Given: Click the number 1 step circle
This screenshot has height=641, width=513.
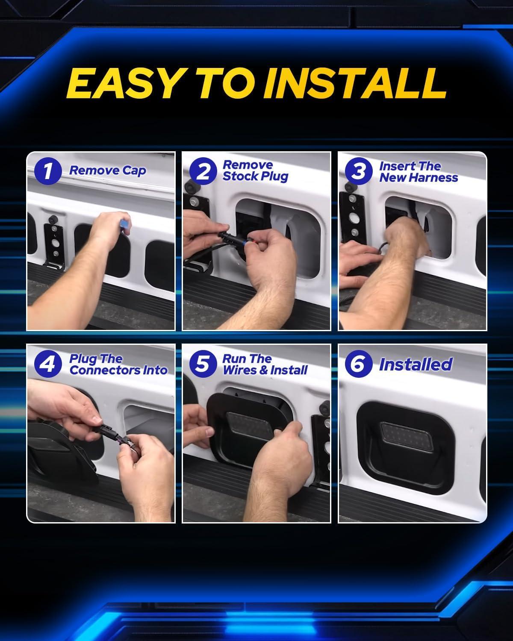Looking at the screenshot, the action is coord(48,171).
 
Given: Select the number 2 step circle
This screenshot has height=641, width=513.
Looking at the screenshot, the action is coord(203,171).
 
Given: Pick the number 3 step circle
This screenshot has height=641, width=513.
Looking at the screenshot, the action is coord(359,171).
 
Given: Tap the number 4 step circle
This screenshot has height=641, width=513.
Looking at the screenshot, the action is coord(48,364).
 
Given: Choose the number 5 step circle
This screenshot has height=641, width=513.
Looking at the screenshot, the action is coord(203,364).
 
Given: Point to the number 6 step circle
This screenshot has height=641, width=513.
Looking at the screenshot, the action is coord(359,364).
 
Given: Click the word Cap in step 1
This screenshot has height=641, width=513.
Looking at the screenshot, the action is coord(134,171).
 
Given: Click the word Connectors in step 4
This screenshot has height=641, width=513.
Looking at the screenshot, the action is coord(105,370).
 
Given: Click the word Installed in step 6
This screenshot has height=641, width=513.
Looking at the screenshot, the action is coord(416,364).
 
